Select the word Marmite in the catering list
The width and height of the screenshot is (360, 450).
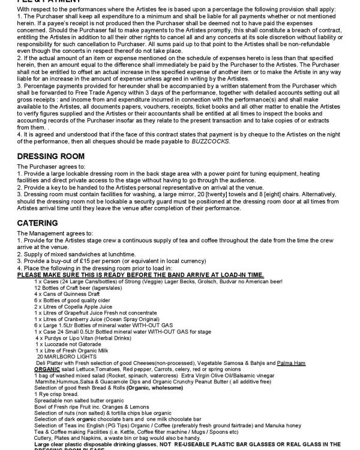[45, 380]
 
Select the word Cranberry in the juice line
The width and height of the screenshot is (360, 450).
[77, 317]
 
